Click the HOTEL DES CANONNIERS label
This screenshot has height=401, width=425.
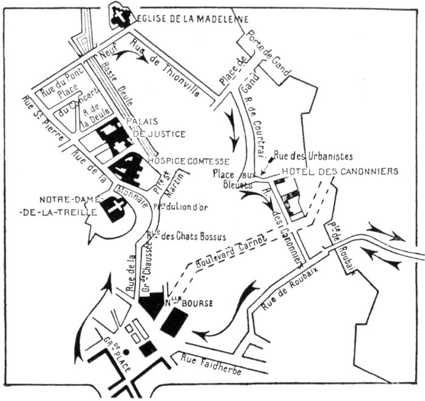coord(338,172)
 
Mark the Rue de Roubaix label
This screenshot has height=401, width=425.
coord(285,297)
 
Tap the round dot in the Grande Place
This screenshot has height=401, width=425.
coord(126,351)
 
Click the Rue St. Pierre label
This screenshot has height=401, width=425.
coord(42,118)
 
